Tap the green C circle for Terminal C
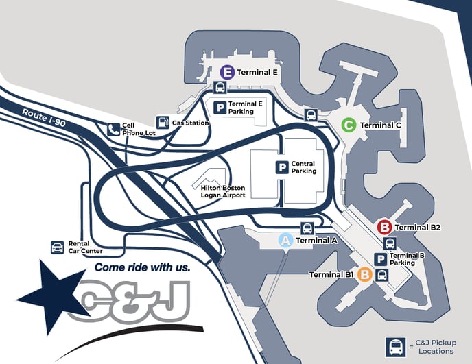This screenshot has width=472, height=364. pyautogui.click(x=349, y=125)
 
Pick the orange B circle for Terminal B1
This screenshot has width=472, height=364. pyautogui.click(x=365, y=275)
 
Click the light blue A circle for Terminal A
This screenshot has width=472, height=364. pyautogui.click(x=285, y=241)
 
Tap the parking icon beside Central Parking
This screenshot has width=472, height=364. pyautogui.click(x=281, y=167)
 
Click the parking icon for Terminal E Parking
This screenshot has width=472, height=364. pyautogui.click(x=219, y=108)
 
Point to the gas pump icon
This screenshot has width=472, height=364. pyautogui.click(x=164, y=121)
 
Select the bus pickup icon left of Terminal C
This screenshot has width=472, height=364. pyautogui.click(x=311, y=115)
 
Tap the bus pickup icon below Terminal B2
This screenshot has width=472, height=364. pyautogui.click(x=389, y=242)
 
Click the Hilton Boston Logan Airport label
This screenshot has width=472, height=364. pyautogui.click(x=222, y=191)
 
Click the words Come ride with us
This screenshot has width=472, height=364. pyautogui.click(x=142, y=267)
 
